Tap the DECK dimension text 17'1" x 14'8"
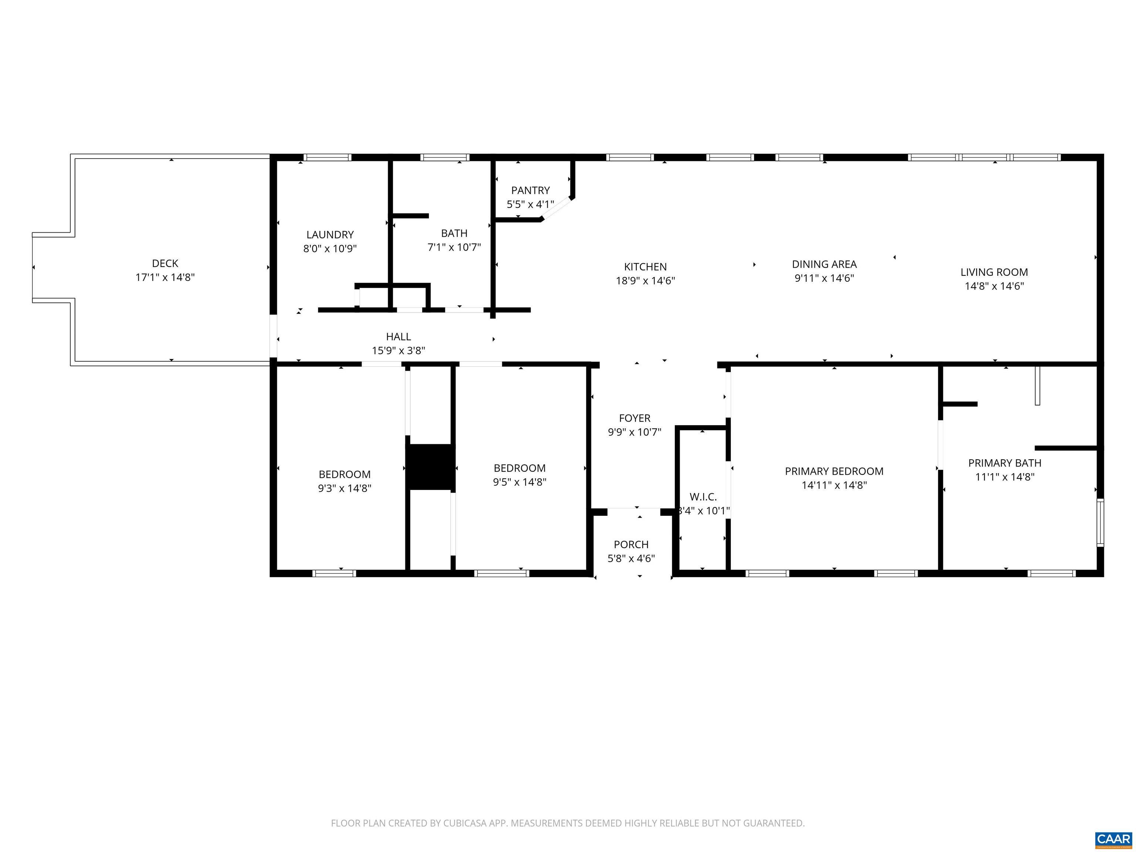click(x=165, y=277)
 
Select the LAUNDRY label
click(x=330, y=235)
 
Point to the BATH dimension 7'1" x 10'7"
click(x=454, y=247)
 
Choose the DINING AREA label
click(x=824, y=264)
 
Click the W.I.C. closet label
click(x=703, y=497)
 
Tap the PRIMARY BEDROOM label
click(x=834, y=471)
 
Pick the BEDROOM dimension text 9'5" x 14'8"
click(x=519, y=482)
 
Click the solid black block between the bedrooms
click(x=430, y=467)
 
